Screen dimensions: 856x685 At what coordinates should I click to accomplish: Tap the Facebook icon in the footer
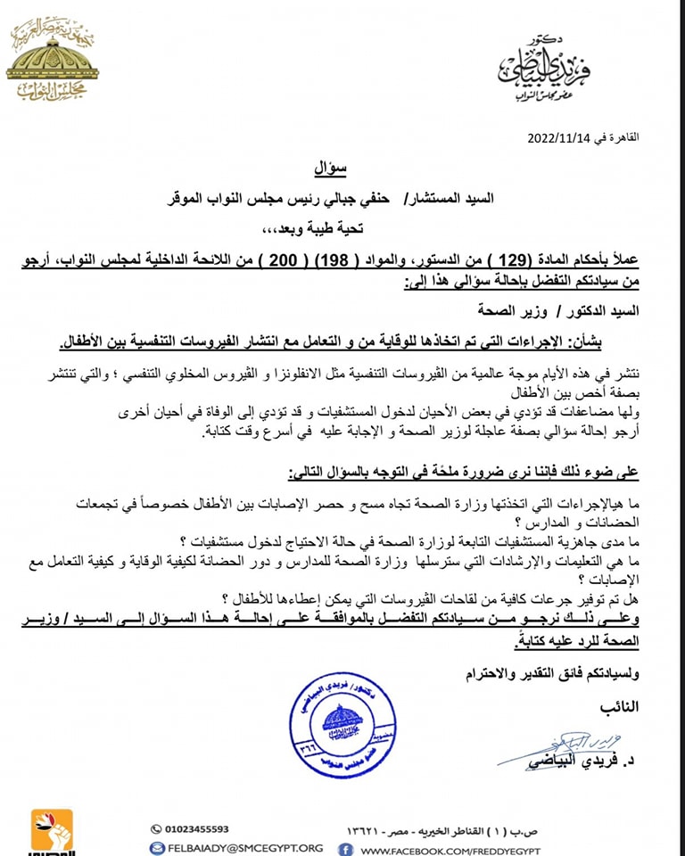pos(345,848)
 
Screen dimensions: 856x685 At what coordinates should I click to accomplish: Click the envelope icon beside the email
pos(157,848)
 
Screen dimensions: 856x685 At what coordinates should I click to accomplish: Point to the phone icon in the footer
pos(157,828)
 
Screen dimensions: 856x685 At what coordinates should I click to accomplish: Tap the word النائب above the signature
pos(615,706)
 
